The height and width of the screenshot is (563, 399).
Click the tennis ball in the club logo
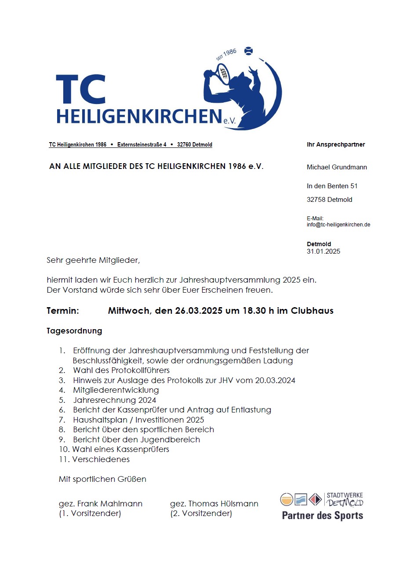[x=249, y=51]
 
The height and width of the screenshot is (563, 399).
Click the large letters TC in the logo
[x=81, y=89]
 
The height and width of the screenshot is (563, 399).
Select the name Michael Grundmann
[x=337, y=167]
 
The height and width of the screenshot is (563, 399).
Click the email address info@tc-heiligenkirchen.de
[x=338, y=225]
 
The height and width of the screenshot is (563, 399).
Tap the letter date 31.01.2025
[x=323, y=251]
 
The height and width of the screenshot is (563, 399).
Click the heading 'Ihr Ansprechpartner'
[x=336, y=144]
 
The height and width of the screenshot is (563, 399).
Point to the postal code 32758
[x=316, y=200]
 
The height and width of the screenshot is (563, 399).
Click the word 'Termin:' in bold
[x=63, y=311]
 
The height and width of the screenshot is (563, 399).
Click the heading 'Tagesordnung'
[x=74, y=331]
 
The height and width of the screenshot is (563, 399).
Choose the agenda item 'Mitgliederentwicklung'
[x=116, y=390]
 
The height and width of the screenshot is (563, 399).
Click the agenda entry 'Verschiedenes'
[x=101, y=459]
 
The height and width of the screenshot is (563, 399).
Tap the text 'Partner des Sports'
[x=323, y=516]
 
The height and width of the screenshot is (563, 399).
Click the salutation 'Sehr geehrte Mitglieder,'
[x=93, y=260]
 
